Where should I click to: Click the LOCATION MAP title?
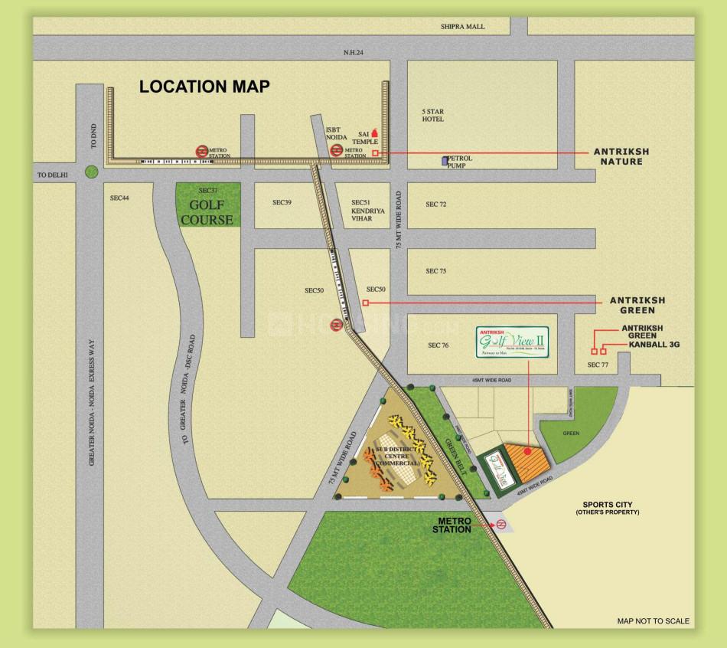click(x=204, y=87)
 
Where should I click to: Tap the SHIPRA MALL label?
click(x=462, y=26)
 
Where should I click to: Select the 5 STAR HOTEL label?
click(x=433, y=116)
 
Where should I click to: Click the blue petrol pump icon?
click(x=444, y=161)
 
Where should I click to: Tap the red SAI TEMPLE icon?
click(x=374, y=133)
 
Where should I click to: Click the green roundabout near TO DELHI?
click(x=91, y=172)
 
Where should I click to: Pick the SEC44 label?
click(x=119, y=198)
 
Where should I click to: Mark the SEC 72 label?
click(x=435, y=205)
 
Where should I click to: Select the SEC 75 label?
click(x=435, y=271)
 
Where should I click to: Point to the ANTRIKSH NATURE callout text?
click(x=621, y=157)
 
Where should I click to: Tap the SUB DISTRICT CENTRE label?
click(x=398, y=456)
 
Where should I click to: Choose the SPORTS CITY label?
click(x=608, y=506)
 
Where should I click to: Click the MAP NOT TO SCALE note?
click(x=653, y=621)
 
